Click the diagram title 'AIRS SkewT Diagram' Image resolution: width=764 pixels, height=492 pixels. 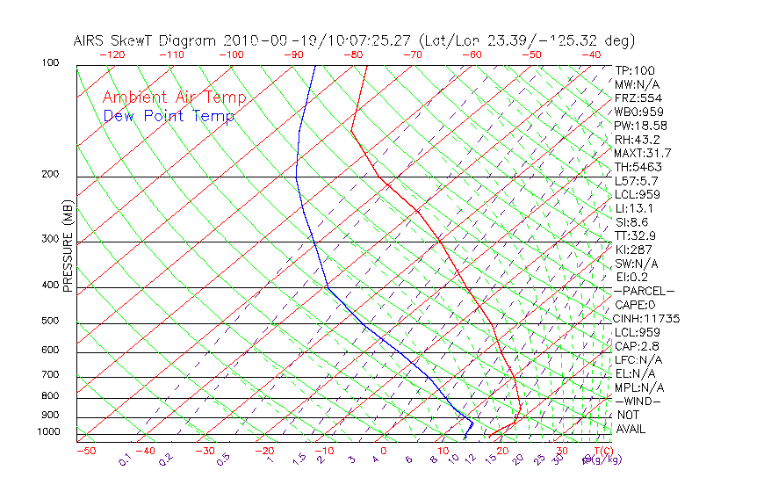tap(146, 40)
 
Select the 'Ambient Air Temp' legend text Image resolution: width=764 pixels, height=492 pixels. tap(174, 98)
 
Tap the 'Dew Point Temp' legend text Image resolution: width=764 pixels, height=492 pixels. tap(169, 116)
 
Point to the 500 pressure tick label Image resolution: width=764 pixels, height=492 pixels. tap(51, 322)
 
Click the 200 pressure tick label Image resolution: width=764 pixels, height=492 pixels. tap(51, 175)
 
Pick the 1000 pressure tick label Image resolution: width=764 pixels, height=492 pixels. tap(48, 432)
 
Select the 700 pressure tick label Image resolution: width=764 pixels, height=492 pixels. tap(51, 375)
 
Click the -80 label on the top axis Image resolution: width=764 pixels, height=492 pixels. tap(353, 54)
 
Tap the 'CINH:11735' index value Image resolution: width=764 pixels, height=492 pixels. tap(646, 319)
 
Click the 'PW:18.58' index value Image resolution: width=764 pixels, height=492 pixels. tap(640, 126)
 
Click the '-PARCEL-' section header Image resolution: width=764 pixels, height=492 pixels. tap(644, 291)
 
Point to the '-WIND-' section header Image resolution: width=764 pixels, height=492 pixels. tap(638, 401)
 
